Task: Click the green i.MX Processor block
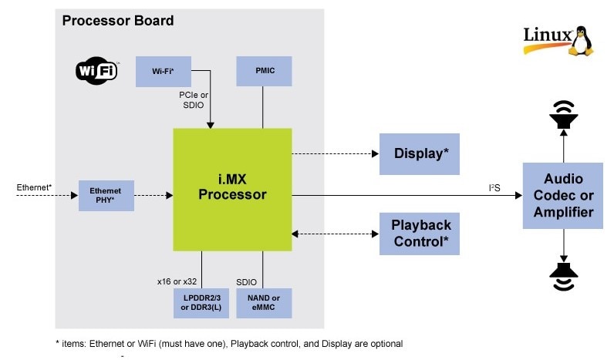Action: (x=232, y=189)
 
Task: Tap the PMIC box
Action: (x=263, y=71)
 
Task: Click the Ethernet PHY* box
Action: (x=106, y=196)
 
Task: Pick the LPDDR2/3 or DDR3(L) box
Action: (x=201, y=302)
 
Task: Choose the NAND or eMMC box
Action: (x=264, y=302)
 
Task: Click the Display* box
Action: (x=419, y=153)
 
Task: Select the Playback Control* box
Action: (x=419, y=234)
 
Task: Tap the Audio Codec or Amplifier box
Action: (x=563, y=196)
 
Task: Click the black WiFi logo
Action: (x=96, y=72)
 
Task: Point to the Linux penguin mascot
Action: (x=582, y=39)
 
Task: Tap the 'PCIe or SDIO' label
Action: (x=194, y=99)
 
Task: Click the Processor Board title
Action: (x=117, y=20)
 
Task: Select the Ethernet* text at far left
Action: (x=34, y=187)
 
